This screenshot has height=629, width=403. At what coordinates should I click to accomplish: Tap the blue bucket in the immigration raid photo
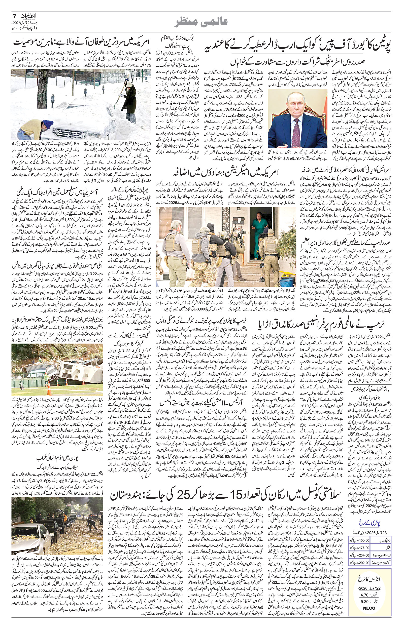click(287, 283)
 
